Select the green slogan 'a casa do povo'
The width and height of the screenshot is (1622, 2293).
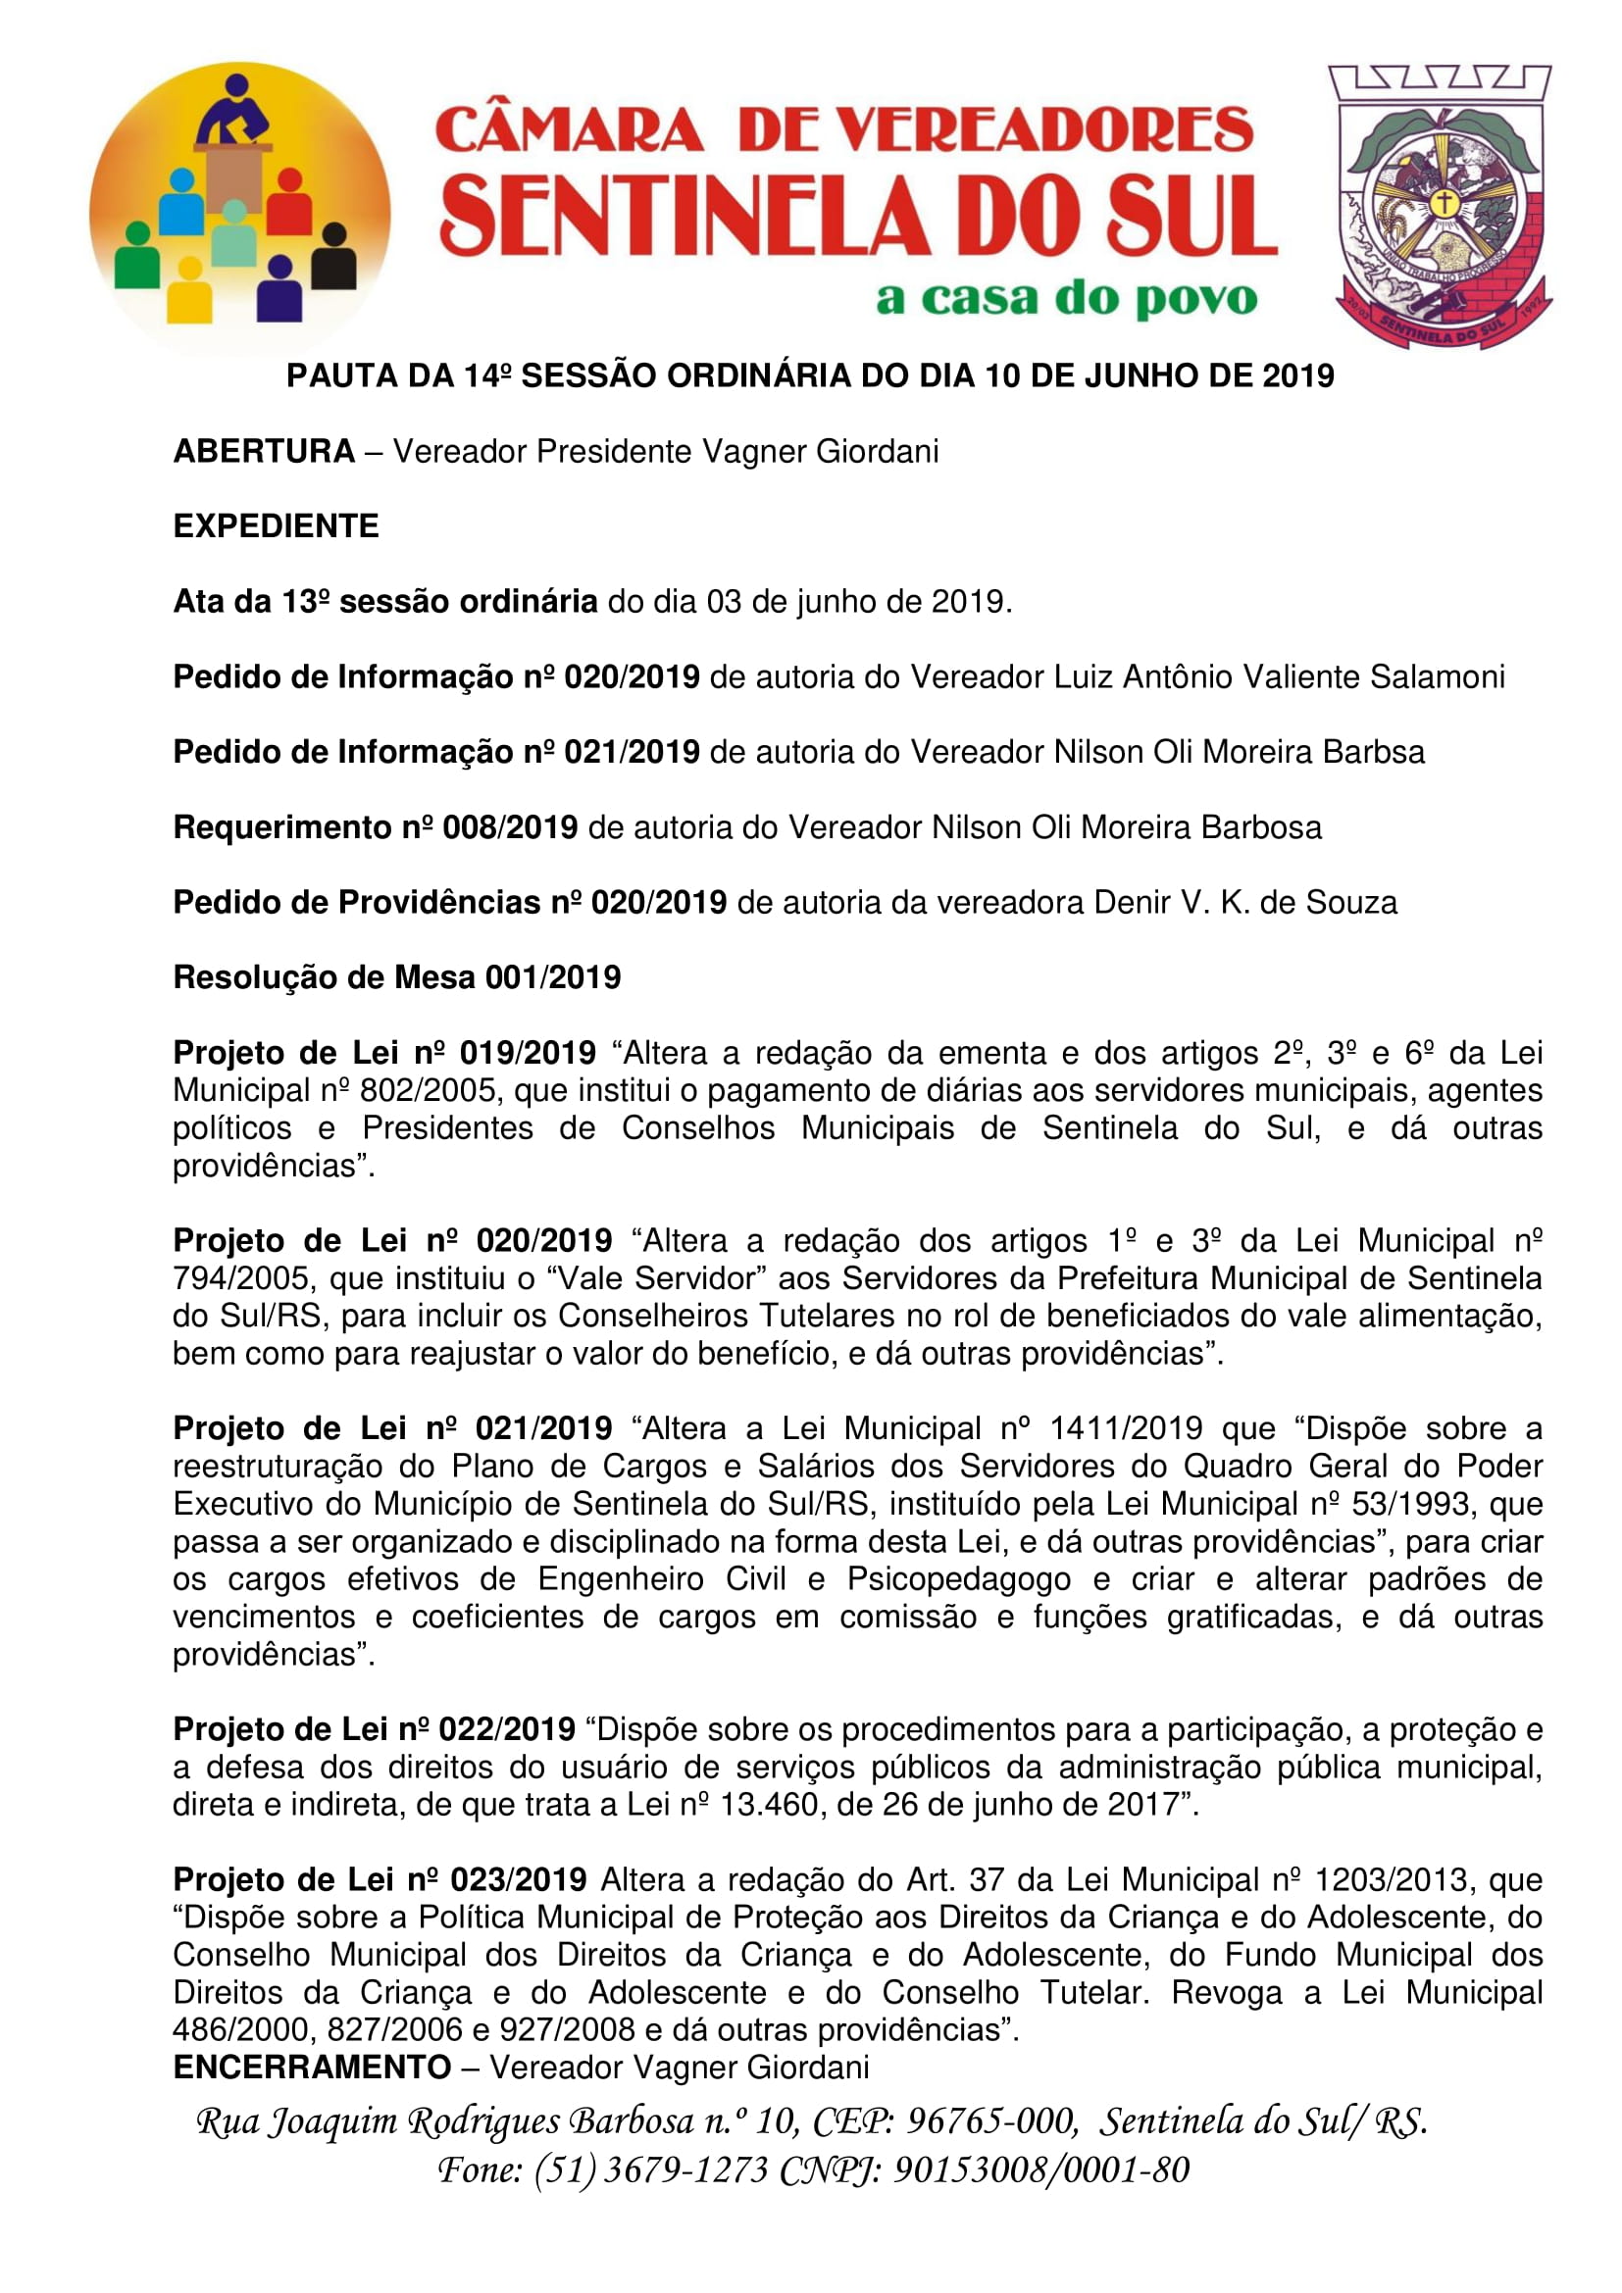tap(1066, 299)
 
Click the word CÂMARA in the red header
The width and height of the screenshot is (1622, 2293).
tap(570, 130)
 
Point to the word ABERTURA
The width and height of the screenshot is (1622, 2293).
tap(264, 451)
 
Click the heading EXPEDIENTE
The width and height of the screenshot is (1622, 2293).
tap(276, 526)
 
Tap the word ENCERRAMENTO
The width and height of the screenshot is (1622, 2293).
tap(312, 2067)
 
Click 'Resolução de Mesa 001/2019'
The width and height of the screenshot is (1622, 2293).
tap(396, 977)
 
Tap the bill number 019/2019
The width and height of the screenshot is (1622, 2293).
tap(528, 1053)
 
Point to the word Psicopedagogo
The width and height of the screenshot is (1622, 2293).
tap(959, 1579)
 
